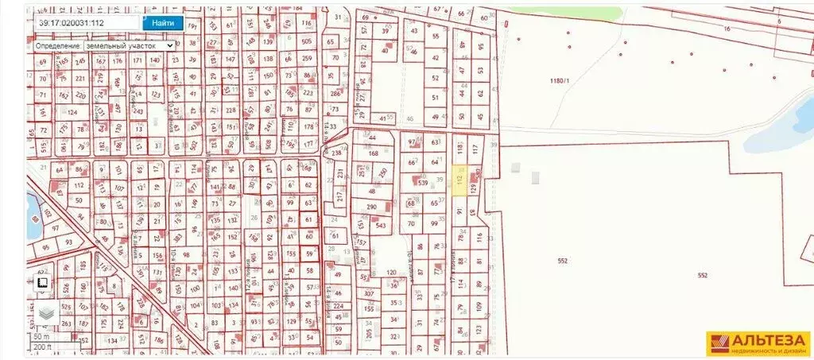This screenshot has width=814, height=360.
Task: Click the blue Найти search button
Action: pyautogui.click(x=163, y=24)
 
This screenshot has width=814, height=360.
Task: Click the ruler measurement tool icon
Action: pyautogui.click(x=42, y=283)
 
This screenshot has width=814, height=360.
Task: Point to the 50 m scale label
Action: pyautogui.click(x=41, y=338)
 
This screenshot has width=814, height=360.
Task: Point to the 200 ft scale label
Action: pyautogui.click(x=42, y=347)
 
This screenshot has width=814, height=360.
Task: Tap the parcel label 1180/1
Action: pyautogui.click(x=560, y=80)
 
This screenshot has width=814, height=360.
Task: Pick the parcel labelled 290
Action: pyautogui.click(x=372, y=207)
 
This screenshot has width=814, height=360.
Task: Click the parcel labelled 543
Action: pyautogui.click(x=381, y=226)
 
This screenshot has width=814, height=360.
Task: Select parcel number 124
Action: pyautogui.click(x=73, y=112)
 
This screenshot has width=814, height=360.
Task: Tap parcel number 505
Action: pyautogui.click(x=307, y=41)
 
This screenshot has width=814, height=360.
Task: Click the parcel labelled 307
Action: pyautogui.click(x=369, y=293)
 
